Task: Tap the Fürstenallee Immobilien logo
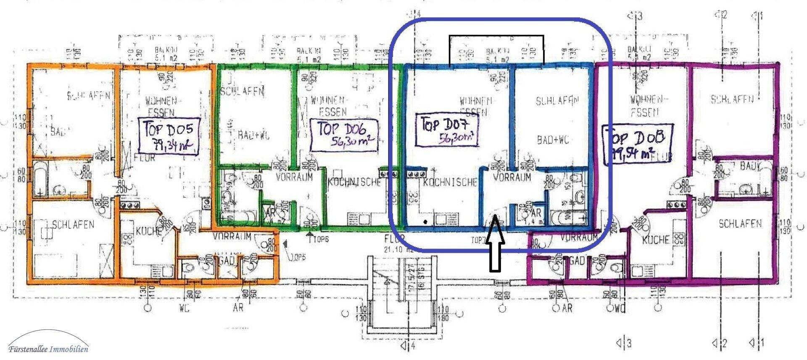click(x=48, y=348)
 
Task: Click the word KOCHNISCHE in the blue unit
click(x=450, y=182)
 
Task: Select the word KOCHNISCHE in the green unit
click(x=353, y=182)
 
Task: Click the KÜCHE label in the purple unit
click(x=656, y=239)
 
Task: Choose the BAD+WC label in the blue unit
click(x=553, y=140)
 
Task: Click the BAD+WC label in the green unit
click(x=253, y=135)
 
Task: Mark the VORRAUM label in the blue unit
click(x=512, y=177)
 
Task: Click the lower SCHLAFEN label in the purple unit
click(x=740, y=223)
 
